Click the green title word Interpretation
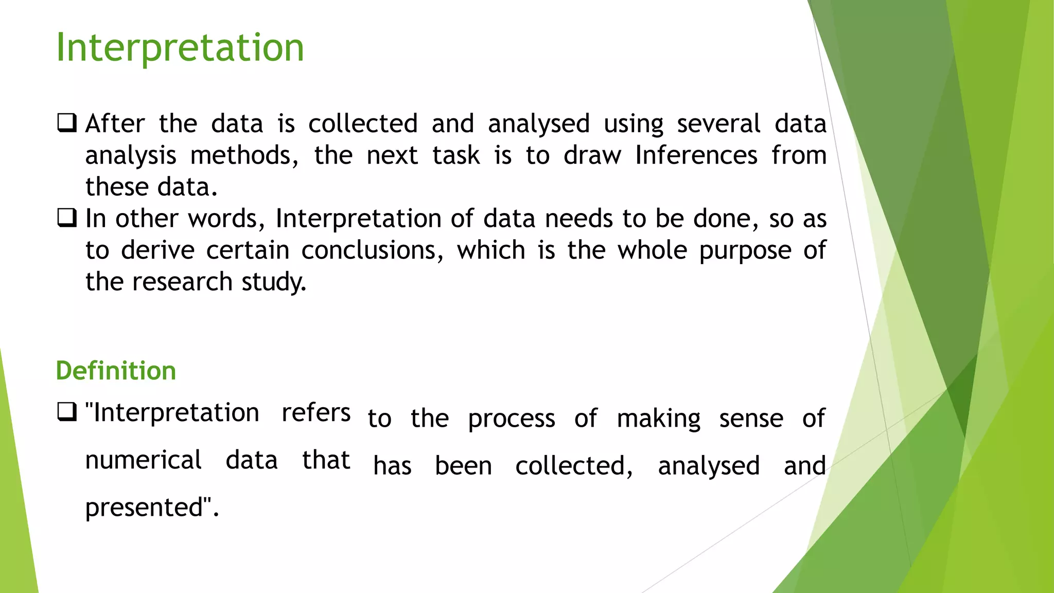(180, 47)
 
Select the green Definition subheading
(116, 371)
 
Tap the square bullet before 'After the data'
(67, 123)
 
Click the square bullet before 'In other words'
(67, 218)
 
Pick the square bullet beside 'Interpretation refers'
(67, 412)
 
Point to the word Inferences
(696, 155)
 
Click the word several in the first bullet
(718, 124)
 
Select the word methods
(244, 155)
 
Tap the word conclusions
(372, 250)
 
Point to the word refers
(316, 412)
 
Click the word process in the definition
(512, 418)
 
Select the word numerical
(144, 460)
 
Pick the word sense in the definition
(751, 418)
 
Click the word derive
(157, 250)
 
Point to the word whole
(652, 250)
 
